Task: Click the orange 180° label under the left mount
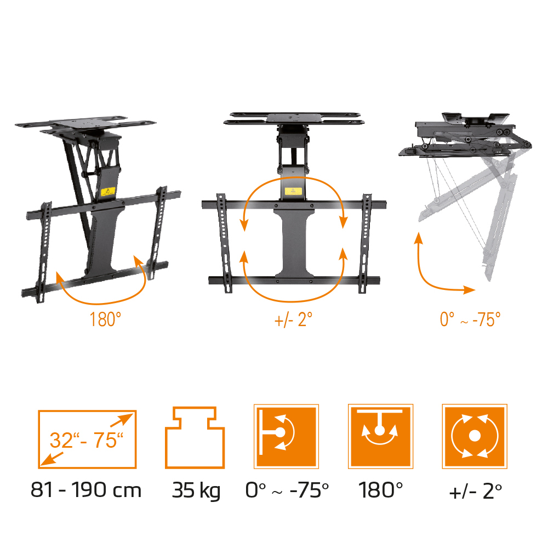105,319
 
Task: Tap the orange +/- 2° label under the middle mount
293,319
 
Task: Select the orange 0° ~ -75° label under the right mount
470,319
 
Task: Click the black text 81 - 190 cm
86,490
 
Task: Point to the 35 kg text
196,490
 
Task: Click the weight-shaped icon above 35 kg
195,437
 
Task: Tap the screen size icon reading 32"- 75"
87,439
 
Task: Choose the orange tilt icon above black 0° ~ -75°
286,436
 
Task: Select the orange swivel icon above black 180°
381,436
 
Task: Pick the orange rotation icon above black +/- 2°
475,436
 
